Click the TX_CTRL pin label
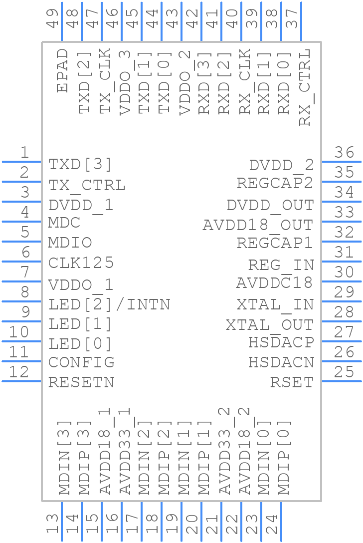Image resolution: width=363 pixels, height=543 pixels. coord(87,185)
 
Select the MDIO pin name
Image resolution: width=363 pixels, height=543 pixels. coord(70,243)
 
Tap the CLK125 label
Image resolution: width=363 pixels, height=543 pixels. coord(81,263)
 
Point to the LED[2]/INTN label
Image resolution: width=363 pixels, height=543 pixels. coord(109,304)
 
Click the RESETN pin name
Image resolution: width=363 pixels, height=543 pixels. coord(81,382)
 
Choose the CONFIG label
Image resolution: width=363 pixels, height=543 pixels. coord(81,362)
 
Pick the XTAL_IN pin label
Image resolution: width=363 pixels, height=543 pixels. coord(275,304)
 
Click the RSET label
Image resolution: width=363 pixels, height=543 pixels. coord(292,382)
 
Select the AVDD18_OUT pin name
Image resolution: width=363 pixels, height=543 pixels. coord(258,225)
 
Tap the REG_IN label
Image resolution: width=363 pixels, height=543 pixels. coord(281,265)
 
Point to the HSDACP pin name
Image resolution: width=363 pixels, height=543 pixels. coord(281,342)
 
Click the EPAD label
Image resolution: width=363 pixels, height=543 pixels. coord(62,70)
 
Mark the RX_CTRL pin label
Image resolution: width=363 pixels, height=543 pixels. coord(304,87)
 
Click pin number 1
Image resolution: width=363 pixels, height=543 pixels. coord(24,153)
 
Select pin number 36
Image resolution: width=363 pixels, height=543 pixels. coord(344,153)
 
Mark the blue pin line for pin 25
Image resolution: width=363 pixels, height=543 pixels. coord(342,381)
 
